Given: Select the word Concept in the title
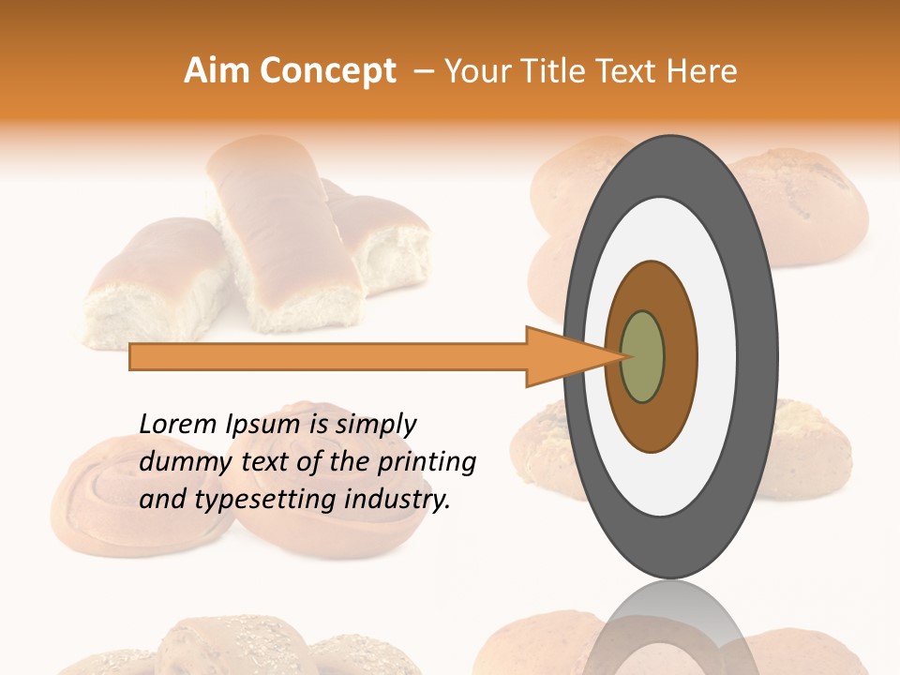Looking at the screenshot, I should click(x=327, y=71).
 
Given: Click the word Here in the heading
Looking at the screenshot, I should click(x=702, y=71).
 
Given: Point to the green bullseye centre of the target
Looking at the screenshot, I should click(x=642, y=357).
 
